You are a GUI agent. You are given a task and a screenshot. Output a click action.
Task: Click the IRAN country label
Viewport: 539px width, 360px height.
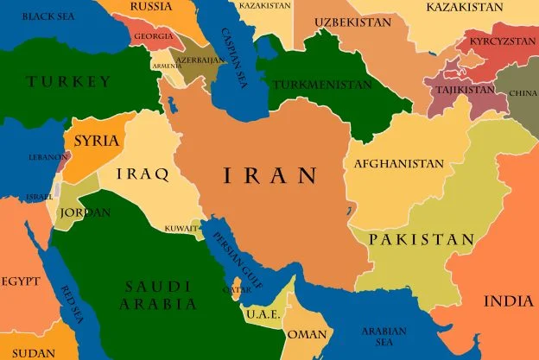(270, 176)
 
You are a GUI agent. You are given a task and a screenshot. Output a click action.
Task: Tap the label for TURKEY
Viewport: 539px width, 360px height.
(69, 82)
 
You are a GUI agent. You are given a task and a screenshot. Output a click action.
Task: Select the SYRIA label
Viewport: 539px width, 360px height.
(97, 141)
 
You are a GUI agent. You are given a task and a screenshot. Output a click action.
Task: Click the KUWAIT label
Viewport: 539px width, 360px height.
(183, 229)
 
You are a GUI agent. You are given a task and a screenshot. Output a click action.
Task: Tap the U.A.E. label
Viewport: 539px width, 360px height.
(262, 315)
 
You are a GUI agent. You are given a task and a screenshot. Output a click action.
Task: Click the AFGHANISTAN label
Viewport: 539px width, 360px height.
(399, 163)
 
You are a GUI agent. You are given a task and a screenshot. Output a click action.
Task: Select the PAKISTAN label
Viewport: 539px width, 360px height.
(421, 239)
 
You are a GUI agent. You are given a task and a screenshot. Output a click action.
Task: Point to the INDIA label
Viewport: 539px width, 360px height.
(508, 301)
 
